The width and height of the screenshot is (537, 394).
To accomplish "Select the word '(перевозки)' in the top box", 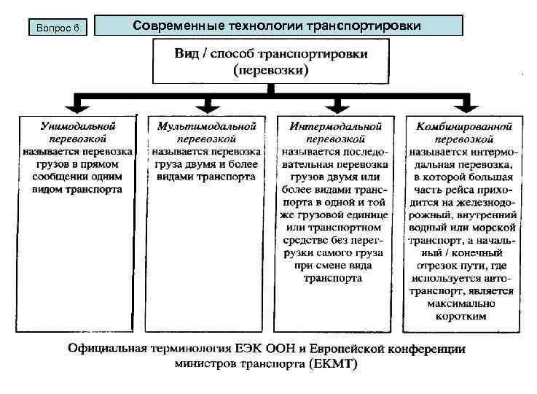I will click(271, 72).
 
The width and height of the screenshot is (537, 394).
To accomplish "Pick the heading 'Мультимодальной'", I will click(207, 126).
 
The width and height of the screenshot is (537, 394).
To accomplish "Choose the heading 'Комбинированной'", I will click(464, 126).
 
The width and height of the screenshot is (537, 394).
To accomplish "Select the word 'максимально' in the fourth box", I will click(464, 304).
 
